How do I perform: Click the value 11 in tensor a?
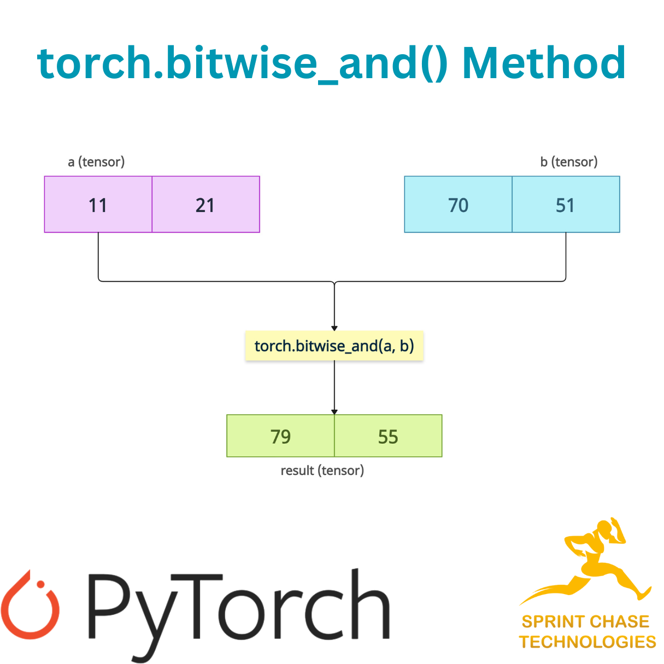point(98,205)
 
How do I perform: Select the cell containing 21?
point(205,205)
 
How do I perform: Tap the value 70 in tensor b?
point(458,205)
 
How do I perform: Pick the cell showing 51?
point(566,205)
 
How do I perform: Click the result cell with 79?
point(280,436)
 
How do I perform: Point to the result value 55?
point(388,436)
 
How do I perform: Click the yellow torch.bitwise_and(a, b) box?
point(334,346)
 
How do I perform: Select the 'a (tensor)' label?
point(96,162)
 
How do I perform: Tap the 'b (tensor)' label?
point(569,162)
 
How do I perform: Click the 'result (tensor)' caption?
point(322,471)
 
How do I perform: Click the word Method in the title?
point(544,63)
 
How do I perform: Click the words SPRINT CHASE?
point(585,622)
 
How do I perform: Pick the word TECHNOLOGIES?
point(587,642)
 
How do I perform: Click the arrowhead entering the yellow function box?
point(334,328)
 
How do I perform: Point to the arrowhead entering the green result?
point(334,412)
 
